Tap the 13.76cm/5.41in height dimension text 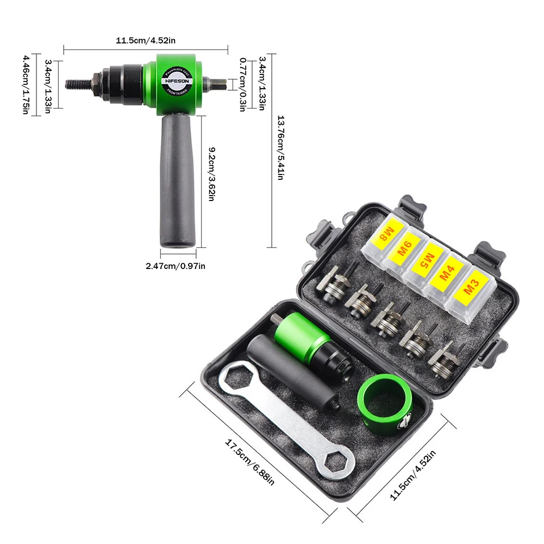click(x=280, y=149)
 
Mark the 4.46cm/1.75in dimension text click(x=26, y=84)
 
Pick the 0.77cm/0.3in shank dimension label click(x=242, y=84)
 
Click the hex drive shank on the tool click(x=217, y=84)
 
